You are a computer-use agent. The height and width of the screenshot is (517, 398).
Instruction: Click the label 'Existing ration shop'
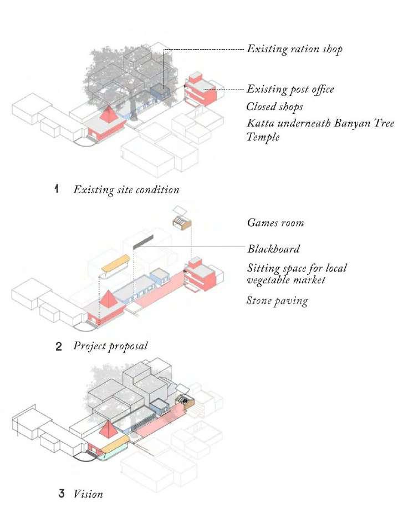pyautogui.click(x=294, y=49)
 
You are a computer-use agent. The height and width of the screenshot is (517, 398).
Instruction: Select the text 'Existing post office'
pyautogui.click(x=290, y=89)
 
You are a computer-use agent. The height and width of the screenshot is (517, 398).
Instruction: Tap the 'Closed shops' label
pyautogui.click(x=275, y=106)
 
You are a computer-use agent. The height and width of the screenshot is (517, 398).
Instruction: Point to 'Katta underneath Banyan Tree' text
pyautogui.click(x=320, y=123)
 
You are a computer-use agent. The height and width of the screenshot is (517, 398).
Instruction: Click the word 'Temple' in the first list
pyautogui.click(x=263, y=137)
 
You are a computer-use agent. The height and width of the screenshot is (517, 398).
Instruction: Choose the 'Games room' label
pyautogui.click(x=275, y=223)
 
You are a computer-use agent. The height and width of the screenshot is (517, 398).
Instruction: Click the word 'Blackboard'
pyautogui.click(x=273, y=248)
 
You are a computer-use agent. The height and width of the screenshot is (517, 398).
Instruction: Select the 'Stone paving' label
pyautogui.click(x=277, y=301)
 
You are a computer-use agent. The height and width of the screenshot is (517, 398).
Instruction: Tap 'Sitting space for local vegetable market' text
pyautogui.click(x=297, y=274)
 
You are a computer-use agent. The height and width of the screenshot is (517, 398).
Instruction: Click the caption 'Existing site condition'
pyautogui.click(x=126, y=189)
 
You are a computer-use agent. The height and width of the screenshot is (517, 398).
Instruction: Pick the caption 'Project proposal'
pyautogui.click(x=110, y=346)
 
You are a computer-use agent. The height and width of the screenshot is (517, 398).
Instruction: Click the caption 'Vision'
pyautogui.click(x=88, y=493)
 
